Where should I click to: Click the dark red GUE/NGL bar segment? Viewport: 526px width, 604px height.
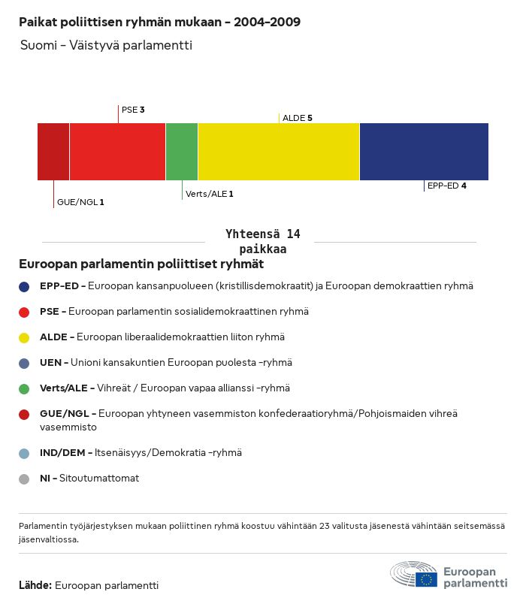click(53, 152)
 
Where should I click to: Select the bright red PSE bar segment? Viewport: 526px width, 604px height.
click(117, 152)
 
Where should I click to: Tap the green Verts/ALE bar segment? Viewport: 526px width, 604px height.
click(182, 152)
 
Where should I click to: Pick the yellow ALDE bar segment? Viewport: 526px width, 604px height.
click(279, 152)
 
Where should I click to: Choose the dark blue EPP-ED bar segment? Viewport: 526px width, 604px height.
click(424, 152)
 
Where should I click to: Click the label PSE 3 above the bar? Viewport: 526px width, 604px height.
click(133, 110)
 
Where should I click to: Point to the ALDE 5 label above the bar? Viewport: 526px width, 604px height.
click(297, 118)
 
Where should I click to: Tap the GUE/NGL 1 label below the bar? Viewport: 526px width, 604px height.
click(80, 202)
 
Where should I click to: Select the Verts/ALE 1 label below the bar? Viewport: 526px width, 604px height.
click(209, 194)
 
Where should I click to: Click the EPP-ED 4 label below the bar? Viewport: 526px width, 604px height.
click(446, 186)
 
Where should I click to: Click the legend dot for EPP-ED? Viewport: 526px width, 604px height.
click(24, 286)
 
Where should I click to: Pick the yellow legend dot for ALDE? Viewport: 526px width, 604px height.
click(24, 337)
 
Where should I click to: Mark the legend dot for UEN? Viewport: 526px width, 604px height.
click(24, 363)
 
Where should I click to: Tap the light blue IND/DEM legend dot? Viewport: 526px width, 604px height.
click(24, 453)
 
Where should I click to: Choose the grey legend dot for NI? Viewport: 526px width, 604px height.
click(24, 479)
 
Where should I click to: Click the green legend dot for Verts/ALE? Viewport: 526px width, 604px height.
click(24, 388)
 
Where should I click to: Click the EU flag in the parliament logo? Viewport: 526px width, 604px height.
click(428, 578)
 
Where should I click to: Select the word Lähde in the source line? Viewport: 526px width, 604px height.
click(35, 585)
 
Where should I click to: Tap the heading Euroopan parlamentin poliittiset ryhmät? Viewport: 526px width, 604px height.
click(141, 264)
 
